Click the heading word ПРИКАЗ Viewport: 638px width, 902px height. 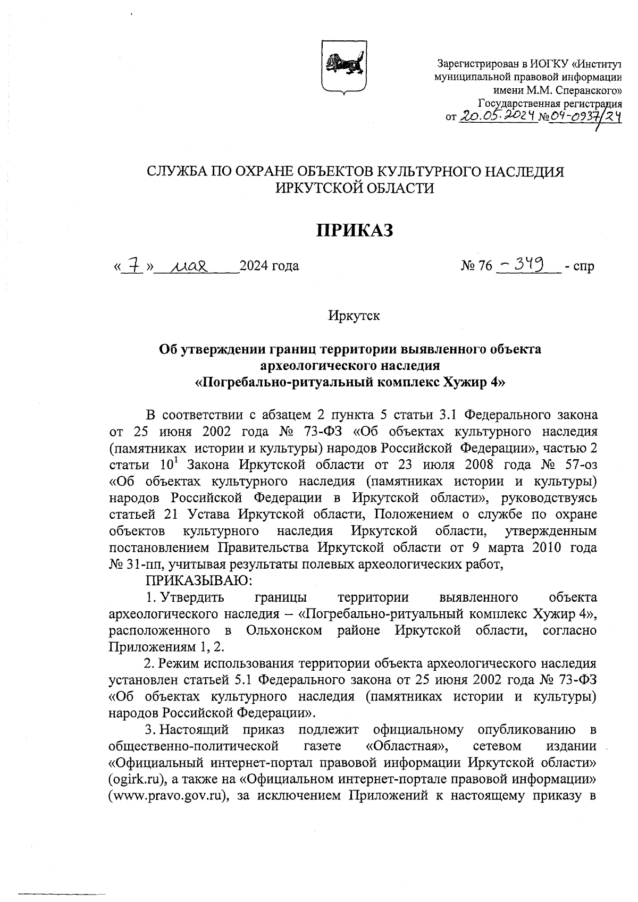[x=355, y=230]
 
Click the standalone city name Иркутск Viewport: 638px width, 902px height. [x=354, y=316]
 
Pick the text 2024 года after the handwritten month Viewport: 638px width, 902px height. [x=269, y=265]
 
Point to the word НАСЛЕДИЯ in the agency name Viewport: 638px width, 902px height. [x=518, y=172]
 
